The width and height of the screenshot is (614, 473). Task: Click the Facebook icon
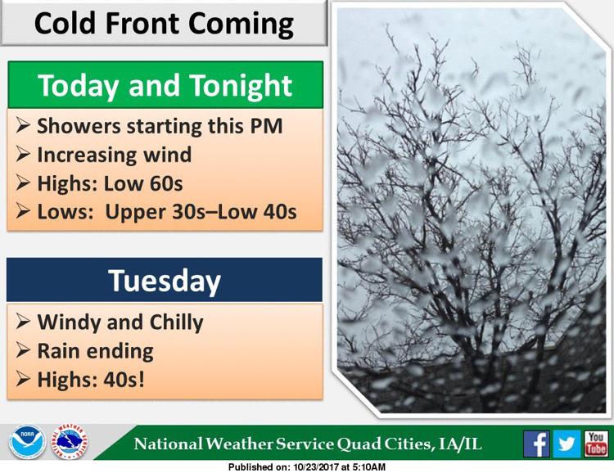click(536, 444)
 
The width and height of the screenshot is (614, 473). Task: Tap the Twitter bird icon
click(567, 444)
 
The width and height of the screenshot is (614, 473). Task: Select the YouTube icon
click(596, 444)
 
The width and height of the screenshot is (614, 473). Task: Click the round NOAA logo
click(27, 442)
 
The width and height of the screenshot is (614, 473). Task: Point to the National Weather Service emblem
click(69, 442)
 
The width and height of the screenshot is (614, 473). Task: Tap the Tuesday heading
click(165, 281)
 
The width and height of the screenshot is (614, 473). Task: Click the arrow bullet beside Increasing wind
click(23, 154)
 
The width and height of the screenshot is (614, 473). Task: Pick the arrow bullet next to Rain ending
click(23, 350)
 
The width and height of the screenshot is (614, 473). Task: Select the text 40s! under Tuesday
click(124, 380)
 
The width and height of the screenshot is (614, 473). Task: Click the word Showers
click(79, 126)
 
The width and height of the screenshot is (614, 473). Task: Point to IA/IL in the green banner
click(460, 444)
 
